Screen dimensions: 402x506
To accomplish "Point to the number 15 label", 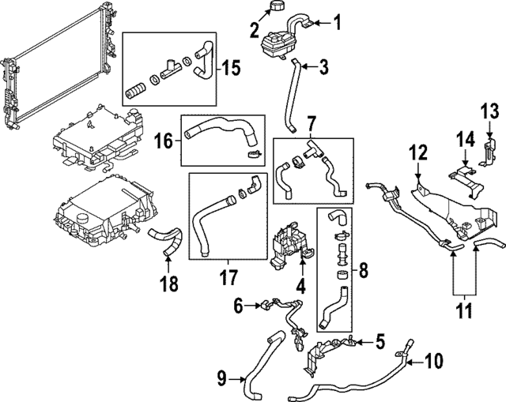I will click(230, 66).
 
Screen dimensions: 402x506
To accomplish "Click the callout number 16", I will click(162, 140).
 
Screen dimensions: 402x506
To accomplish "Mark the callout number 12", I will click(417, 151).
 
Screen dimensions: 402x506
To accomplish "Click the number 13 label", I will click(490, 109).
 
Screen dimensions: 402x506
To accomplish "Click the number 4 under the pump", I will click(300, 285).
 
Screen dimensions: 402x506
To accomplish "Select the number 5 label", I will click(379, 342).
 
